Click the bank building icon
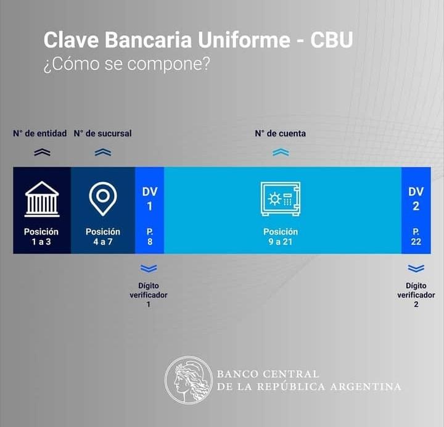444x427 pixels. click(42, 199)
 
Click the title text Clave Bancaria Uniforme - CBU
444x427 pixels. click(199, 41)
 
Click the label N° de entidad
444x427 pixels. click(41, 133)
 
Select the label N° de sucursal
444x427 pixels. click(103, 133)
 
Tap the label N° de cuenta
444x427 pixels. click(281, 133)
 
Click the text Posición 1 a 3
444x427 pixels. click(41, 236)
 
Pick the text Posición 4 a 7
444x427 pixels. click(103, 236)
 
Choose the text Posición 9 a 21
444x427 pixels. click(281, 236)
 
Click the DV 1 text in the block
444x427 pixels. click(149, 199)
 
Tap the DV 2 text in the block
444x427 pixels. click(416, 199)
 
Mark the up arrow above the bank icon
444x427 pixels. click(42, 152)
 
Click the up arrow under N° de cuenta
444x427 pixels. click(281, 152)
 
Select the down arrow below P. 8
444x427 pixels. click(149, 268)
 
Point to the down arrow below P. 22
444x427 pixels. click(416, 268)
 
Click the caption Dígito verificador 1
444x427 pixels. click(149, 295)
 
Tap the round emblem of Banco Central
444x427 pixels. click(188, 380)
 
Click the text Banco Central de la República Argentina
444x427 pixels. click(308, 381)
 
